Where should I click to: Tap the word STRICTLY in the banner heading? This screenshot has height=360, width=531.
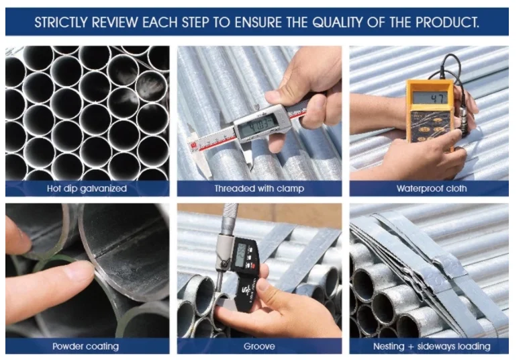tap(61, 22)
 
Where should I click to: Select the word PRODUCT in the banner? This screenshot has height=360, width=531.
tap(447, 22)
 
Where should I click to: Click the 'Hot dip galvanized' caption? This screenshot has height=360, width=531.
tap(87, 189)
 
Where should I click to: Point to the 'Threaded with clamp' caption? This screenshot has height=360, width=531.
tap(259, 189)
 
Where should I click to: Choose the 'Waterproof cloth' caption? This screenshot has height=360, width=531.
tap(432, 189)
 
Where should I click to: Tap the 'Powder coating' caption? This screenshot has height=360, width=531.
tap(86, 347)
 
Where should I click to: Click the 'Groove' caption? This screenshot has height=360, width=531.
tap(259, 347)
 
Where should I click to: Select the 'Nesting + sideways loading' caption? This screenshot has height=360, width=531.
tap(432, 347)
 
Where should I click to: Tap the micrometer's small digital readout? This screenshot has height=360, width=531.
tap(240, 255)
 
